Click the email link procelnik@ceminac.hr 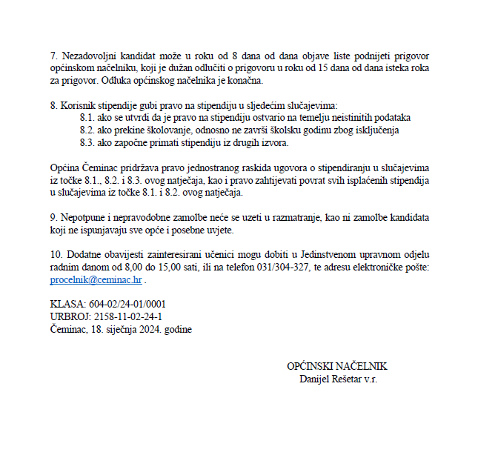[x=96, y=280]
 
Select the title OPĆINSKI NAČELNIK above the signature [x=336, y=367]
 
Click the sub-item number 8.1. [x=85, y=119]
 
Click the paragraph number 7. [x=53, y=56]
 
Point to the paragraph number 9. [x=53, y=218]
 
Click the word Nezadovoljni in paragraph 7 [x=87, y=56]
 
